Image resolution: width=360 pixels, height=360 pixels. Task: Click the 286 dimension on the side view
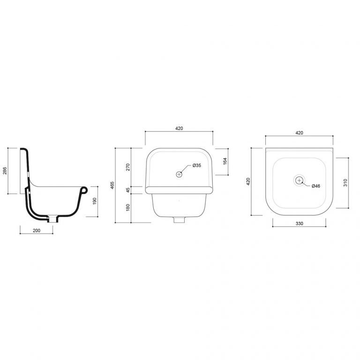[x=5, y=171]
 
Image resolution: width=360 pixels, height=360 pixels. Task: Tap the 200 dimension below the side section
[x=36, y=230]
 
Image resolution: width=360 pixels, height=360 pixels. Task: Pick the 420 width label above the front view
[x=179, y=128]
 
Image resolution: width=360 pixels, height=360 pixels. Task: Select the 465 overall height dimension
[x=112, y=185]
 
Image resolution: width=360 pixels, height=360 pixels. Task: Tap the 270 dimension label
[x=127, y=167]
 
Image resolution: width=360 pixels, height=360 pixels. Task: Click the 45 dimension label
[x=127, y=190]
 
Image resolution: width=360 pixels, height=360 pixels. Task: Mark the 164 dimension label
[x=225, y=161]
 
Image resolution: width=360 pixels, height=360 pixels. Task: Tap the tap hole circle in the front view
[x=179, y=174]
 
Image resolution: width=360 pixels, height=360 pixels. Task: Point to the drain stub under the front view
[x=178, y=219]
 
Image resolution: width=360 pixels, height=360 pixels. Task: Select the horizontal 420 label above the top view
[x=300, y=133]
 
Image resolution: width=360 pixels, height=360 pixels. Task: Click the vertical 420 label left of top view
[x=248, y=180]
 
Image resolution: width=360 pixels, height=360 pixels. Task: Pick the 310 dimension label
[x=345, y=183]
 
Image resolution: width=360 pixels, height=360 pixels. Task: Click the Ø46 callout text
[x=315, y=186]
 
